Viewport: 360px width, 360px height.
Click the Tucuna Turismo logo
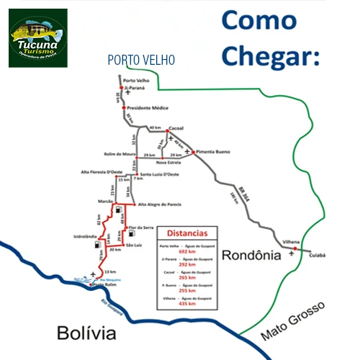pyautogui.click(x=37, y=37)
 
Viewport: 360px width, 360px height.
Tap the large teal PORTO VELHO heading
pyautogui.click(x=140, y=60)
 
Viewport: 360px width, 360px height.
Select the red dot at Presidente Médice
pyautogui.click(x=122, y=108)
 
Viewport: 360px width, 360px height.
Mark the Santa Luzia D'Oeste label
pyautogui.click(x=158, y=174)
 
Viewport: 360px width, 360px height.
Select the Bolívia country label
pyautogui.click(x=86, y=333)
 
